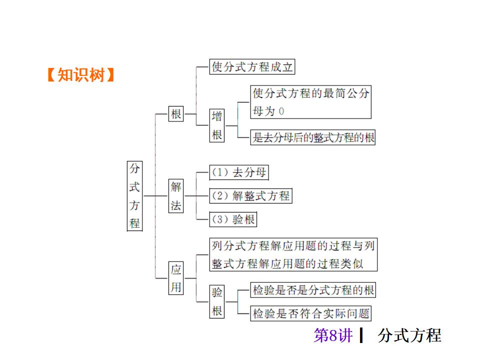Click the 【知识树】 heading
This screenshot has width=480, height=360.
pos(80,75)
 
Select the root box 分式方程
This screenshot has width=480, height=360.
pos(134,195)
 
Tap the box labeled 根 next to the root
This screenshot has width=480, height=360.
pos(176,114)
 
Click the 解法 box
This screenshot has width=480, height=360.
pos(176,196)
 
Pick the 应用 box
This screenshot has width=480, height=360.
pos(176,278)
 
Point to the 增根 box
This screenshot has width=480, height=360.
pos(217,125)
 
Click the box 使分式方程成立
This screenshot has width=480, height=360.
pos(252,66)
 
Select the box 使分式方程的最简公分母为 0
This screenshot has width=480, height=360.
pos(310,102)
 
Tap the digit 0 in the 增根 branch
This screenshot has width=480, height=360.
pos(281,111)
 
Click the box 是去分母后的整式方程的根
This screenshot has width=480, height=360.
pos(313,137)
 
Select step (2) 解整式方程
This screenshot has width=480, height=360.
pos(250,196)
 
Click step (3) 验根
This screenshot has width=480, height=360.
pos(233,219)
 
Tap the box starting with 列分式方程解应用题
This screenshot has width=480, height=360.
pos(293,255)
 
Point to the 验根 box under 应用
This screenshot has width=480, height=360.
pos(217,301)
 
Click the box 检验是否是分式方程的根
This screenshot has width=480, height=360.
pos(313,290)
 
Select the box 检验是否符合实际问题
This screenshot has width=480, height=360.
pos(311,313)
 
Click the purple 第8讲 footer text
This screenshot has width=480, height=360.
pos(333,335)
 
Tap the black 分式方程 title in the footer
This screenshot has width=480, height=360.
pos(409,335)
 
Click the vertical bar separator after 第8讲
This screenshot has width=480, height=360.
pos(361,335)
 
